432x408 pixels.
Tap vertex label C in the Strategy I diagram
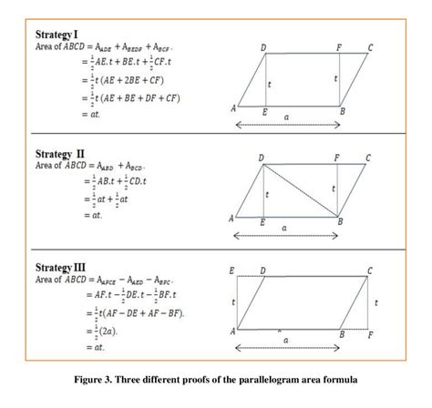(369, 46)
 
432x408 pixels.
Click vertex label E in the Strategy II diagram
(263, 223)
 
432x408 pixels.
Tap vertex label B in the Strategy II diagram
(340, 222)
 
